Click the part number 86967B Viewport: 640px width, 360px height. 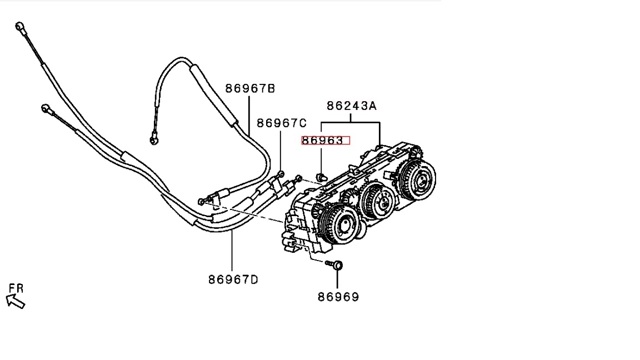click(250, 89)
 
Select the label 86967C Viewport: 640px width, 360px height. click(282, 123)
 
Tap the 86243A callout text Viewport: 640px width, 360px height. click(351, 106)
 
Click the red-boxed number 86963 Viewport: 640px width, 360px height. click(325, 140)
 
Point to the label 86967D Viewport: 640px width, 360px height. click(233, 280)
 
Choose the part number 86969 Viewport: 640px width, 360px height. click(338, 297)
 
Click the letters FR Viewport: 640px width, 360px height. click(16, 288)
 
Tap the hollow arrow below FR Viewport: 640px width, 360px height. click(16, 301)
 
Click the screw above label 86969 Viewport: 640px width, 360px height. click(335, 265)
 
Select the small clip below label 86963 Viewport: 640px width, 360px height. click(322, 177)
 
